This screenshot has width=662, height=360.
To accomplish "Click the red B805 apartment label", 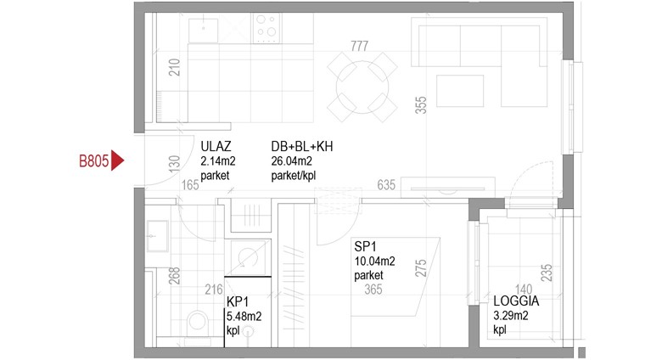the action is tap(93, 161).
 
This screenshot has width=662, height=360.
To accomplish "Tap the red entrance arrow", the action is tap(117, 160).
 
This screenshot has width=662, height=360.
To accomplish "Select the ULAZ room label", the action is tap(216, 147).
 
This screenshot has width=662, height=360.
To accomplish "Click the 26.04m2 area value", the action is tap(291, 161).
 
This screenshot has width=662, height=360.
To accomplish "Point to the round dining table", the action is tap(362, 87).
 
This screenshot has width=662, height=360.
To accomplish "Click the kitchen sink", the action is tap(203, 30).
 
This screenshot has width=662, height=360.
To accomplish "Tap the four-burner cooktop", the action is tap(266, 28).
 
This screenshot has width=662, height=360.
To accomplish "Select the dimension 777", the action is tap(359, 46).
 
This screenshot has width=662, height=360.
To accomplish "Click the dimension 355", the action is tap(421, 105).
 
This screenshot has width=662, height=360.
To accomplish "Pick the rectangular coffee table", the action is tap(460, 91).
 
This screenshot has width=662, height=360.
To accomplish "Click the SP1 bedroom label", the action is tap(365, 246).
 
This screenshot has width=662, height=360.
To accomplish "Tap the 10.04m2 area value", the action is tap(374, 262).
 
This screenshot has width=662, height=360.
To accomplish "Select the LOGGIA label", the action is tap(516, 301).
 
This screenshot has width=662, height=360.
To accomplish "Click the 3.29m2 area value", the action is tap(510, 315).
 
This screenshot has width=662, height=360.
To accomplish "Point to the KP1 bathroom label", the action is tap(238, 301).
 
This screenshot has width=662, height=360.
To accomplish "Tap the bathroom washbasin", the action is tap(157, 236).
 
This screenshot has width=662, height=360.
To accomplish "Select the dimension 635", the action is tap(386, 184).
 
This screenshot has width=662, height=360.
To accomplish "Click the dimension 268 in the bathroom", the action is tap(174, 276).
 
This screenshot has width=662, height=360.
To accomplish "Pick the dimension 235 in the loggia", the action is tap(547, 273).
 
